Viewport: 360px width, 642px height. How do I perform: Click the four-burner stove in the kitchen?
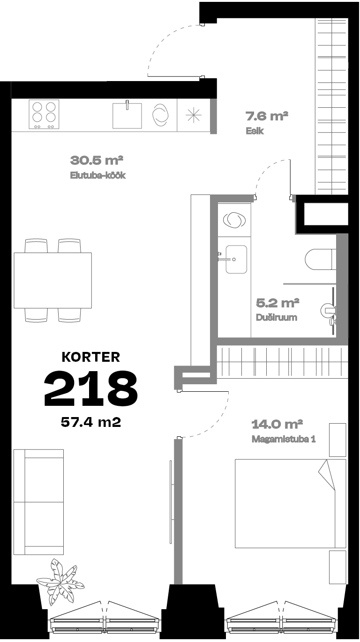click(44, 114)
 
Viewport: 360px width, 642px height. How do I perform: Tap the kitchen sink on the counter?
click(127, 115)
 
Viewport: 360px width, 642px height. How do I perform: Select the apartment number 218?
click(91, 388)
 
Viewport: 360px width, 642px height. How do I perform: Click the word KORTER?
click(91, 357)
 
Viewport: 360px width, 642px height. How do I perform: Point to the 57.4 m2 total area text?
click(91, 423)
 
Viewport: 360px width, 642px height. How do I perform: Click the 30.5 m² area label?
click(97, 160)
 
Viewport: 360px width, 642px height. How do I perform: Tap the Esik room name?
click(255, 131)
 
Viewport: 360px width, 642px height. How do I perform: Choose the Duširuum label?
click(276, 318)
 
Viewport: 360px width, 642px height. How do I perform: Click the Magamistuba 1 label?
click(284, 439)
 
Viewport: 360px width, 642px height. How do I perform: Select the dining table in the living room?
click(53, 280)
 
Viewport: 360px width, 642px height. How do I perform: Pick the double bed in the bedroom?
click(290, 504)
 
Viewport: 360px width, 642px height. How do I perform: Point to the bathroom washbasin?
click(236, 259)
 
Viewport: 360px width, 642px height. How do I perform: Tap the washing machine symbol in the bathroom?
click(234, 220)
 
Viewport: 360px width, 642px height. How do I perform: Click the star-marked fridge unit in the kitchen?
click(194, 115)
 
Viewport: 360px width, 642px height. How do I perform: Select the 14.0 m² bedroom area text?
click(277, 424)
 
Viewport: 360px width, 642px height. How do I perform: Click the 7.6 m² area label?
click(267, 116)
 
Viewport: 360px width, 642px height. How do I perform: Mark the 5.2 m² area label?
click(277, 303)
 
